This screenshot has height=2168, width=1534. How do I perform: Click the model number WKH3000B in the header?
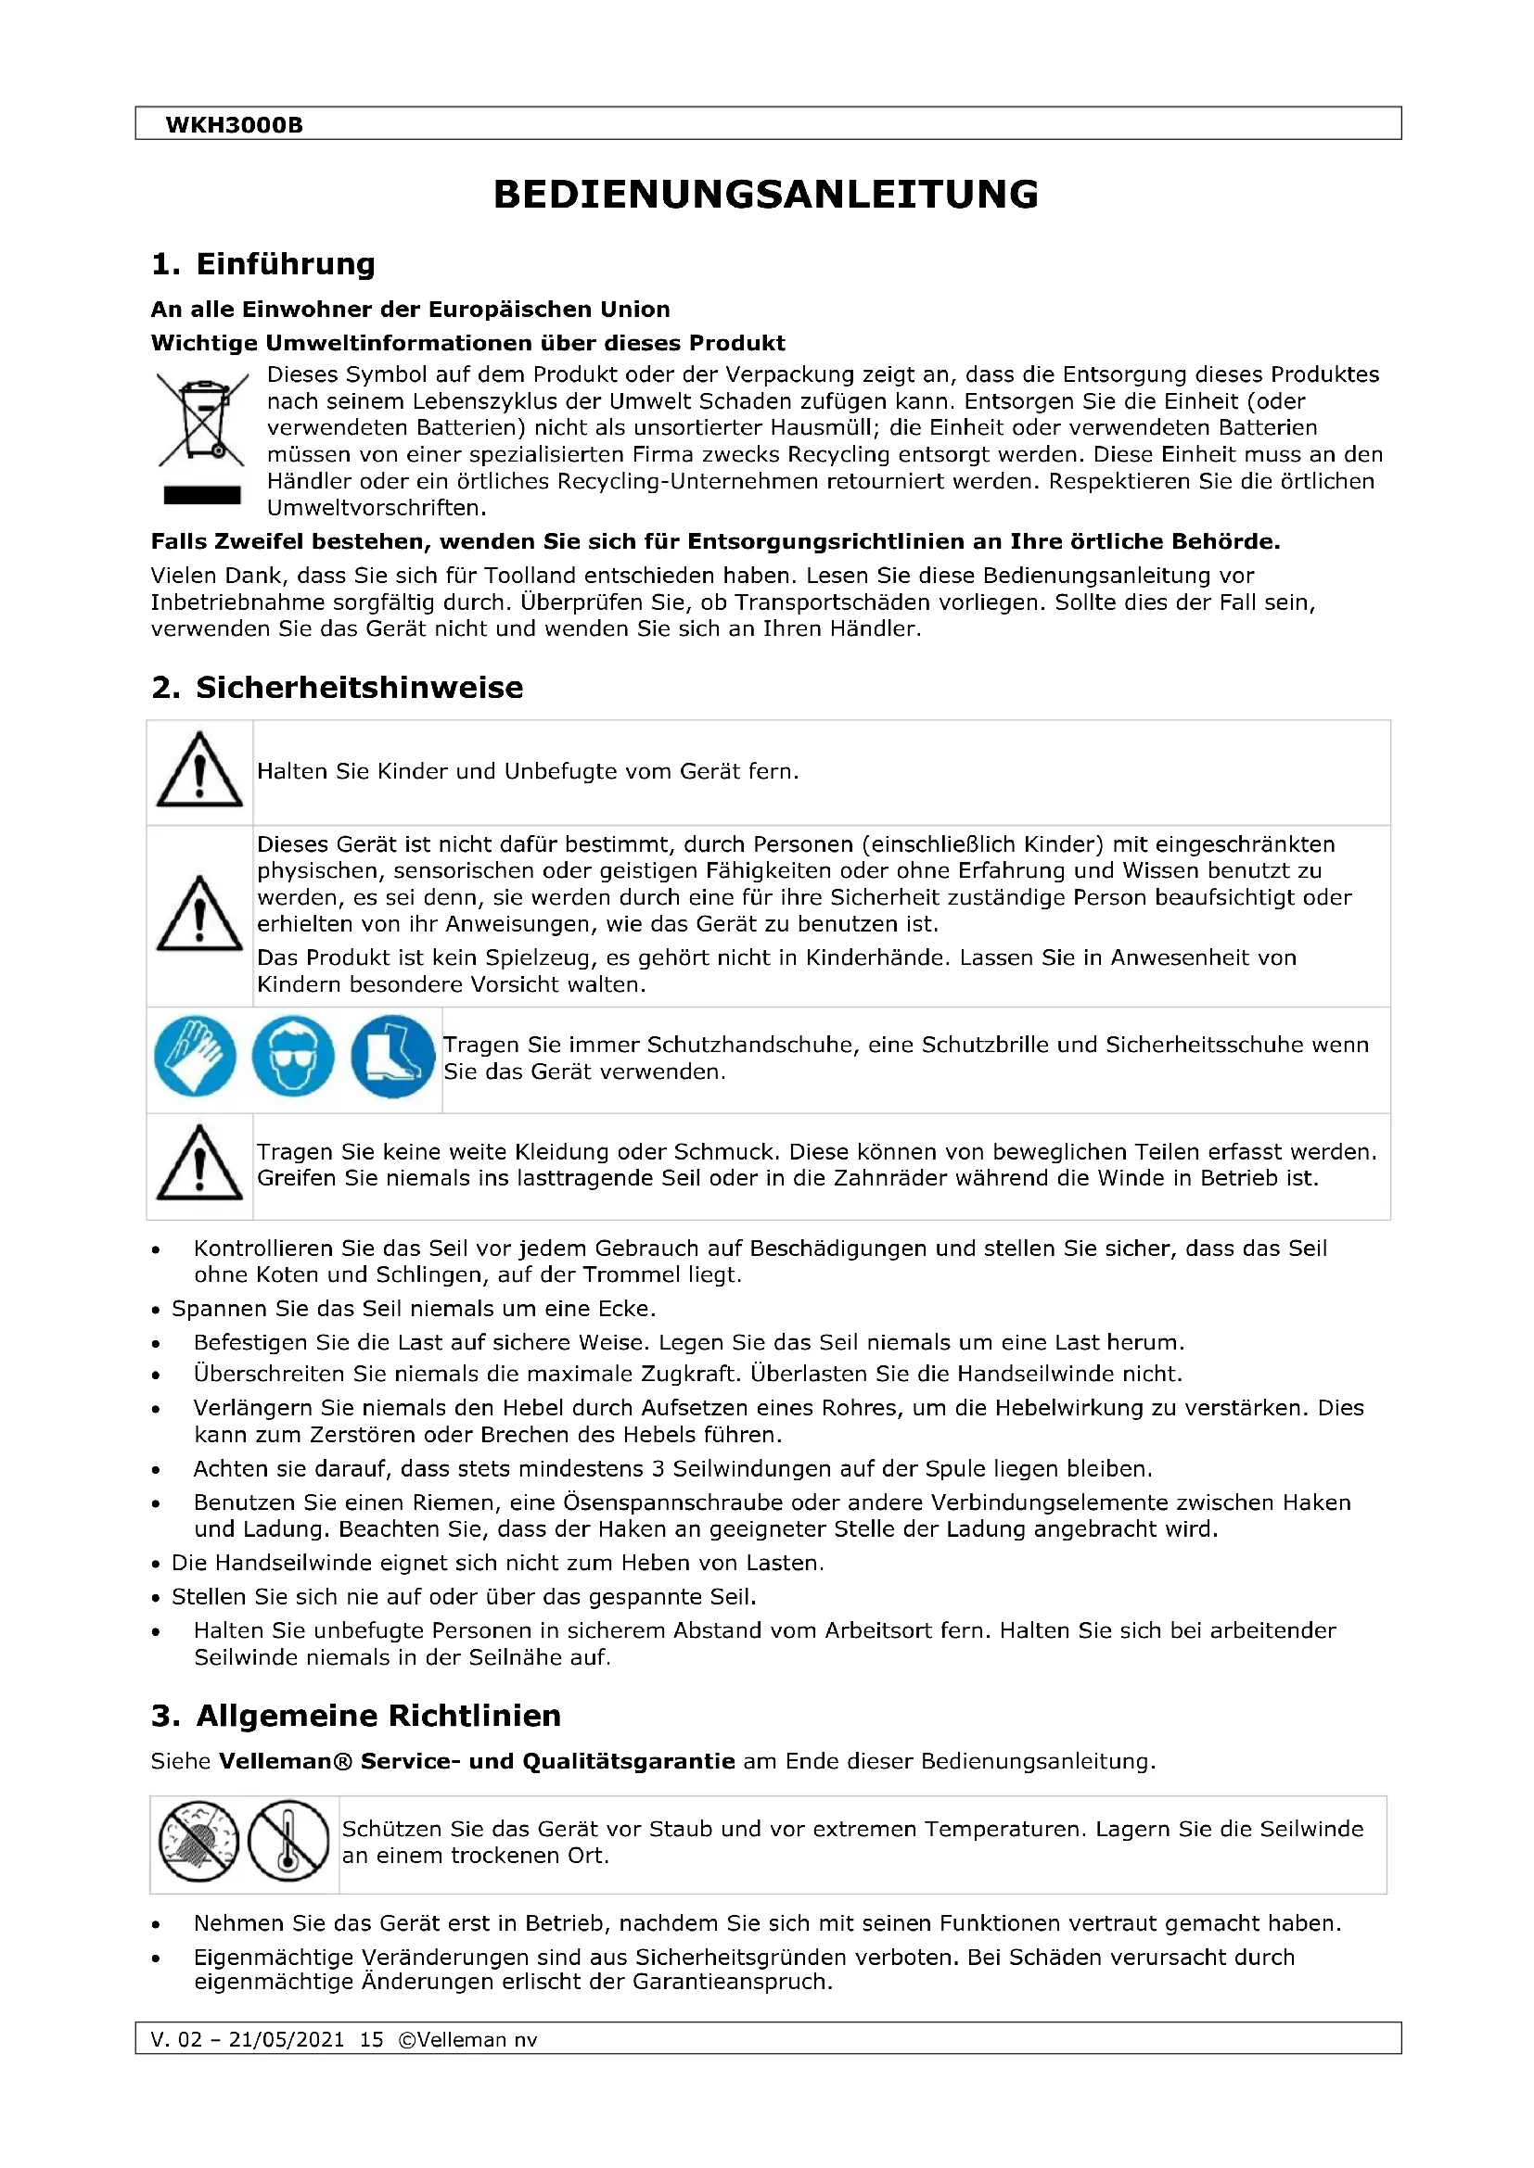[234, 124]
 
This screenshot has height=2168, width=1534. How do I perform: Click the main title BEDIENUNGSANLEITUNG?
[766, 195]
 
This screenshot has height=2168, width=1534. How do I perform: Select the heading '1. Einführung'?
[263, 264]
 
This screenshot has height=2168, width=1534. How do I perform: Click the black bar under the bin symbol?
[202, 495]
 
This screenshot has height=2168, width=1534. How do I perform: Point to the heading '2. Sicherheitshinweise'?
[338, 688]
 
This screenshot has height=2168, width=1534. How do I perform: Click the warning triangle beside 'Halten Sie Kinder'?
[199, 770]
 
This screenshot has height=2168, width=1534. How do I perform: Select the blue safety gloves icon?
[196, 1056]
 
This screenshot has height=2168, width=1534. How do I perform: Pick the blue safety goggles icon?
[293, 1056]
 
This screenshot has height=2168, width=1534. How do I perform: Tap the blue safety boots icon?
[392, 1056]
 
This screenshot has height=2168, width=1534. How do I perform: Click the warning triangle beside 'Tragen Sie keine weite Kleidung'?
[199, 1163]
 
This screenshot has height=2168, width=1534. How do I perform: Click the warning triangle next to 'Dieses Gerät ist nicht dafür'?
[199, 914]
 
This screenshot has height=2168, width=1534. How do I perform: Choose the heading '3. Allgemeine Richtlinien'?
[356, 1716]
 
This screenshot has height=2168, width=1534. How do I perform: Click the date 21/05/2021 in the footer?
[287, 2039]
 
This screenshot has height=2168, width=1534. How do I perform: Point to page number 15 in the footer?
[371, 2039]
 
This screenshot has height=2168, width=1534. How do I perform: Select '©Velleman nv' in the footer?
[467, 2039]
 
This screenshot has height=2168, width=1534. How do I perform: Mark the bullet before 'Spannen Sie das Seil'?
[156, 1311]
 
